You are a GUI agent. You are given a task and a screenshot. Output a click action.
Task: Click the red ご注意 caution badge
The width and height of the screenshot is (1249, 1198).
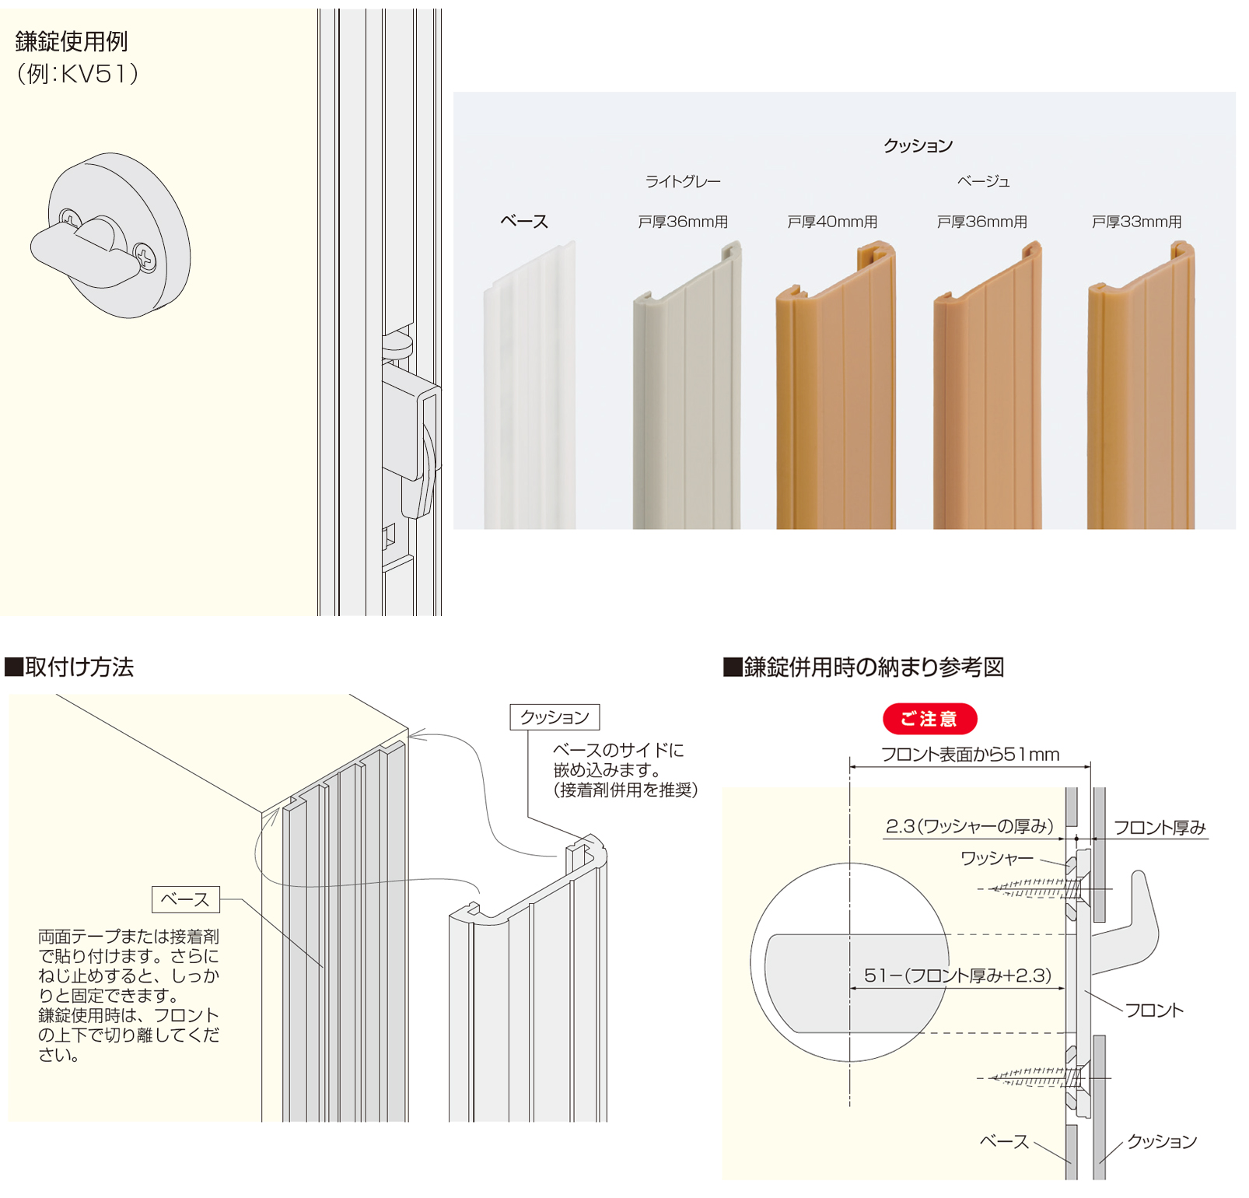929,719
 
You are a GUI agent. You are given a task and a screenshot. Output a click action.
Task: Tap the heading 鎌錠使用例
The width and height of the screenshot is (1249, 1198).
72,42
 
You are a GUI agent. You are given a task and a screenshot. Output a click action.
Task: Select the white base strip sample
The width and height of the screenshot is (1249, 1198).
530,386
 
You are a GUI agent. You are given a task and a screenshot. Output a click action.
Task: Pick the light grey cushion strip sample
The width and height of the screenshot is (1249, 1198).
687,386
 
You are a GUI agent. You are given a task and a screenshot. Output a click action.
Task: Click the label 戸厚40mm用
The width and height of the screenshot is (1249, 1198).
832,222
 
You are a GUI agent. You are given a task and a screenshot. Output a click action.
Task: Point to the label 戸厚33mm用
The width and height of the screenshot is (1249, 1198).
1136,222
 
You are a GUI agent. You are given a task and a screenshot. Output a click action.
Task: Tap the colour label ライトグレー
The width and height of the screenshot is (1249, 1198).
683,181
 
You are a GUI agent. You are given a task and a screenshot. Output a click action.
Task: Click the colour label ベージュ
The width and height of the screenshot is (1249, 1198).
983,181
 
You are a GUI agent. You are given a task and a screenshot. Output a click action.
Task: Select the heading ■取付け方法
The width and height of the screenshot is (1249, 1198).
69,667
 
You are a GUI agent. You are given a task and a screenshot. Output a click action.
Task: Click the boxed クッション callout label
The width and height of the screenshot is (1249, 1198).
555,717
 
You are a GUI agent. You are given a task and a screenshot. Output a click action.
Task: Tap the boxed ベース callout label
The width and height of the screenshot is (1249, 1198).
185,899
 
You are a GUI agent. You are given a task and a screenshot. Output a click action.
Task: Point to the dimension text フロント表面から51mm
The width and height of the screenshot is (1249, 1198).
970,754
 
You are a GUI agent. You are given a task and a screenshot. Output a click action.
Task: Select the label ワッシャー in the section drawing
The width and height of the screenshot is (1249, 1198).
997,858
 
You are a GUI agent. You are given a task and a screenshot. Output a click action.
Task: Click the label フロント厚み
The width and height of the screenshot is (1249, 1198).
1160,828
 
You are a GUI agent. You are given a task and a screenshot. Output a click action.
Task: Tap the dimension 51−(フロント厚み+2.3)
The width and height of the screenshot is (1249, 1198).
958,976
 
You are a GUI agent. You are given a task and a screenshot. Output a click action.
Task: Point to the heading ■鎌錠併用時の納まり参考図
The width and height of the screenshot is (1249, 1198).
864,667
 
